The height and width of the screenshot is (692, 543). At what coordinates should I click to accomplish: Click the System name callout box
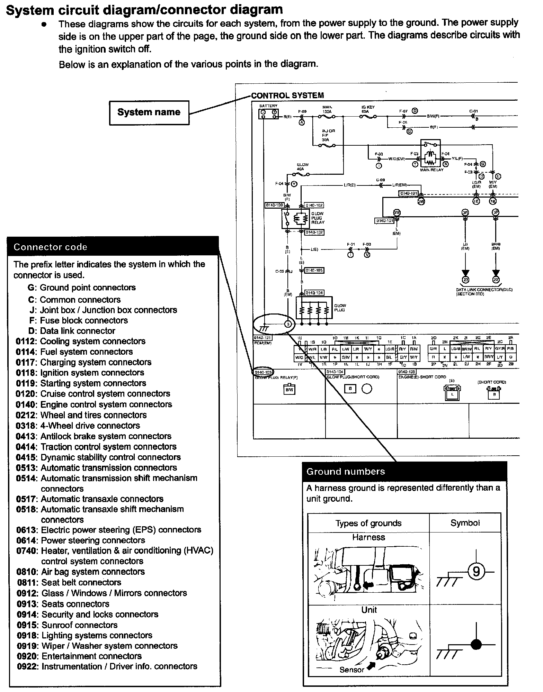pos(149,112)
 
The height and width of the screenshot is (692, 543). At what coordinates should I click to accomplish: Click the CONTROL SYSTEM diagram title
pos(287,95)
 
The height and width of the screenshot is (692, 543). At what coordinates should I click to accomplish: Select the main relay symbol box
pos(430,154)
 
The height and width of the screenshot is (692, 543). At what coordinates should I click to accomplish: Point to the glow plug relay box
pos(295,219)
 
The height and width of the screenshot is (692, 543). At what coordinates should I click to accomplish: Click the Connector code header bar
pos(113,247)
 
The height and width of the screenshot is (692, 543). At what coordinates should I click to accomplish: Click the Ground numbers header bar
pos(404,471)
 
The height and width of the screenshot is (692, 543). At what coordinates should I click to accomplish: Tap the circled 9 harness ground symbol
pos(476,571)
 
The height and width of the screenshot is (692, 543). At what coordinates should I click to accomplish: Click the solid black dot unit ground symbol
pos(477,644)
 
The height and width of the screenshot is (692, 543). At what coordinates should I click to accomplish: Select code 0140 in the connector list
pos(26,404)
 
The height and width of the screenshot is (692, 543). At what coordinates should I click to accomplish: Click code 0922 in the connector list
pos(27,666)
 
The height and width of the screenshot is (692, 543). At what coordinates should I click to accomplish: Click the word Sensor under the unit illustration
pos(351,670)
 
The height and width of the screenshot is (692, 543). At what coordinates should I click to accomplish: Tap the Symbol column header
pos(465,523)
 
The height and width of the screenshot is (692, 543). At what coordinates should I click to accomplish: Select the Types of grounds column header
pos(368,523)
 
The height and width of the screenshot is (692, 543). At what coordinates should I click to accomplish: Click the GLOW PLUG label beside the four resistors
pos(340,308)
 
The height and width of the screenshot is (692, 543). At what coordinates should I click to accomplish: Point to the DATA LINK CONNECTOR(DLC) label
pos(484,290)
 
